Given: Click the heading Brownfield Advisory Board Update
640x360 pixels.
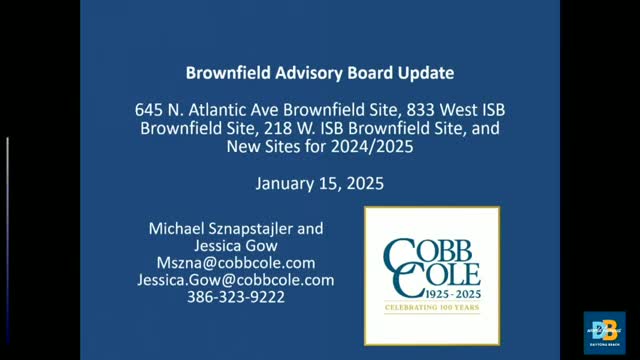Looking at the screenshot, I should (x=319, y=73).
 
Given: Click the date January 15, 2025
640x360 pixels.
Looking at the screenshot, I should (x=319, y=184).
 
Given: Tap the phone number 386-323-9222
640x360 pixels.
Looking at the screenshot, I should (x=235, y=298).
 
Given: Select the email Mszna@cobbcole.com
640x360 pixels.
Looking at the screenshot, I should (x=235, y=263).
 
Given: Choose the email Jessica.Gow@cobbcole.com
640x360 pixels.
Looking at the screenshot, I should (x=235, y=281).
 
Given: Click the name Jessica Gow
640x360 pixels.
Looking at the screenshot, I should (x=235, y=246).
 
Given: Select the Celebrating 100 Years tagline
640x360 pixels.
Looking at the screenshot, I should (x=431, y=308).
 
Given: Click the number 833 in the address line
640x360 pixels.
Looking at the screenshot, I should (x=409, y=109).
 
